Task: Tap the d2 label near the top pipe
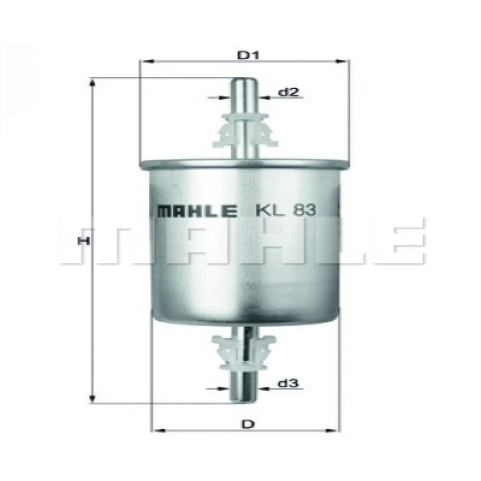[x=289, y=91]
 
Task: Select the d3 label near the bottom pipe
[x=289, y=383]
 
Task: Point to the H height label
[x=83, y=241]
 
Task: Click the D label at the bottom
[x=249, y=424]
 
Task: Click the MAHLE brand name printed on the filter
[x=197, y=211]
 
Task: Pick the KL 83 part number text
[x=286, y=210]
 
